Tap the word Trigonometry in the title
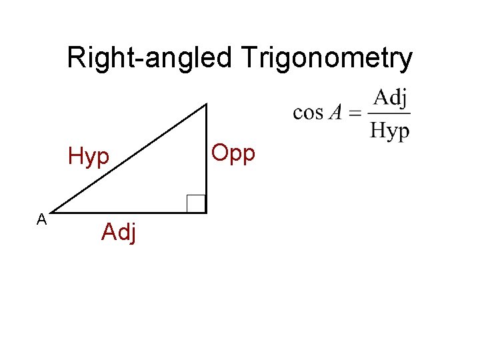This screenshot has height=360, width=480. point(327,59)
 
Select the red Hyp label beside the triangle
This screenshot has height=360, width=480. point(89,158)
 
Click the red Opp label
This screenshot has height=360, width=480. point(233,153)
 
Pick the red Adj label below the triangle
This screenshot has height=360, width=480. point(119,233)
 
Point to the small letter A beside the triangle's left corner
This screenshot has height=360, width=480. point(41,219)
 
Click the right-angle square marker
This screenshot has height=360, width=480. point(196,203)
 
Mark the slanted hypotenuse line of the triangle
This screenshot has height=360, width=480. point(127,159)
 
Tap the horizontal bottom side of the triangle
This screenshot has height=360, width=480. point(127,212)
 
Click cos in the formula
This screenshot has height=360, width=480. point(307,112)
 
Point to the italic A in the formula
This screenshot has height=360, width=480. point(335,112)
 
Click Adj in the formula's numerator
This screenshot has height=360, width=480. point(389,98)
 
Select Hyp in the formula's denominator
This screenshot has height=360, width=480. point(390,130)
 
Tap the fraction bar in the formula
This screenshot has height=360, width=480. point(390,113)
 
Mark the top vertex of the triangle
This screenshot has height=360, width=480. point(206,104)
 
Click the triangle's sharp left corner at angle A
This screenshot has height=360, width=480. point(50,212)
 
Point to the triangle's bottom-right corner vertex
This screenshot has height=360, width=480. point(206,212)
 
